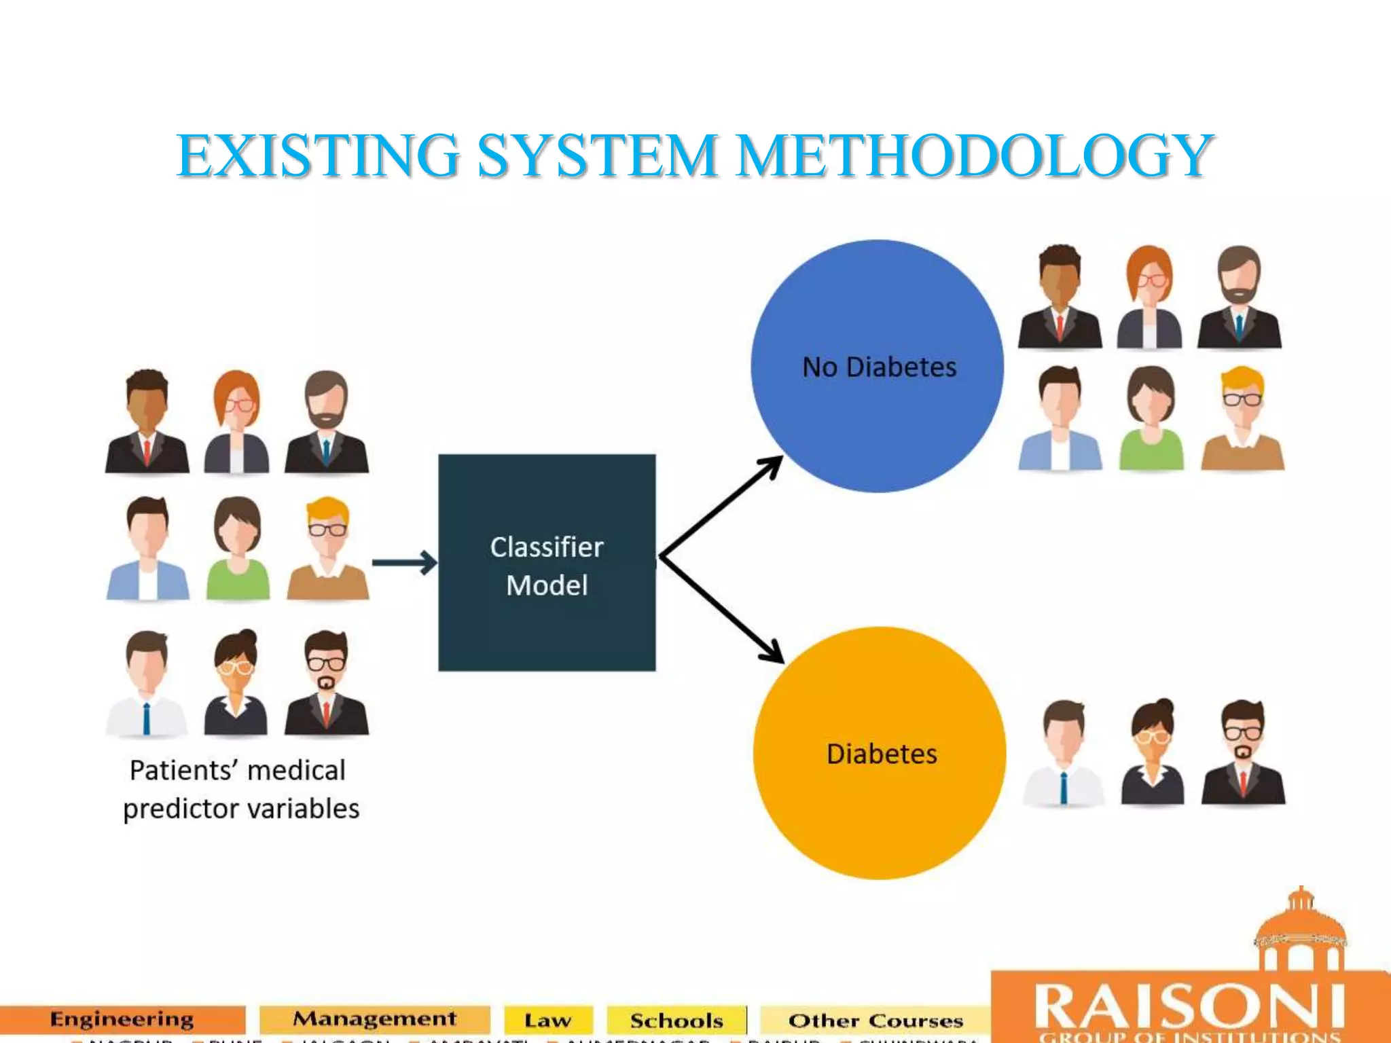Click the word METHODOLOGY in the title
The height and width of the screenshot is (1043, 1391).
point(974,156)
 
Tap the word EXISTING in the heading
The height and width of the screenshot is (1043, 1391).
point(318,156)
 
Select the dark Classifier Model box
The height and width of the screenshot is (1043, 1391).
point(547,563)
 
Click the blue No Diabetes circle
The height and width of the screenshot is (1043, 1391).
point(877,366)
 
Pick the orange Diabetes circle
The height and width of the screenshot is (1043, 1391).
point(880,753)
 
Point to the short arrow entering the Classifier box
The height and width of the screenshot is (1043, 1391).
point(405,562)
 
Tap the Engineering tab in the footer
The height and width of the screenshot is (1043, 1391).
point(122,1019)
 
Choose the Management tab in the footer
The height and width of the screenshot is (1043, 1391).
point(374,1019)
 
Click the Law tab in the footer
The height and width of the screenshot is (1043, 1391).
point(547,1021)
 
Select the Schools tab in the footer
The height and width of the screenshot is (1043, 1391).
point(676,1021)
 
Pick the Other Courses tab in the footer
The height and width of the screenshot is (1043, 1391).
point(875,1021)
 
